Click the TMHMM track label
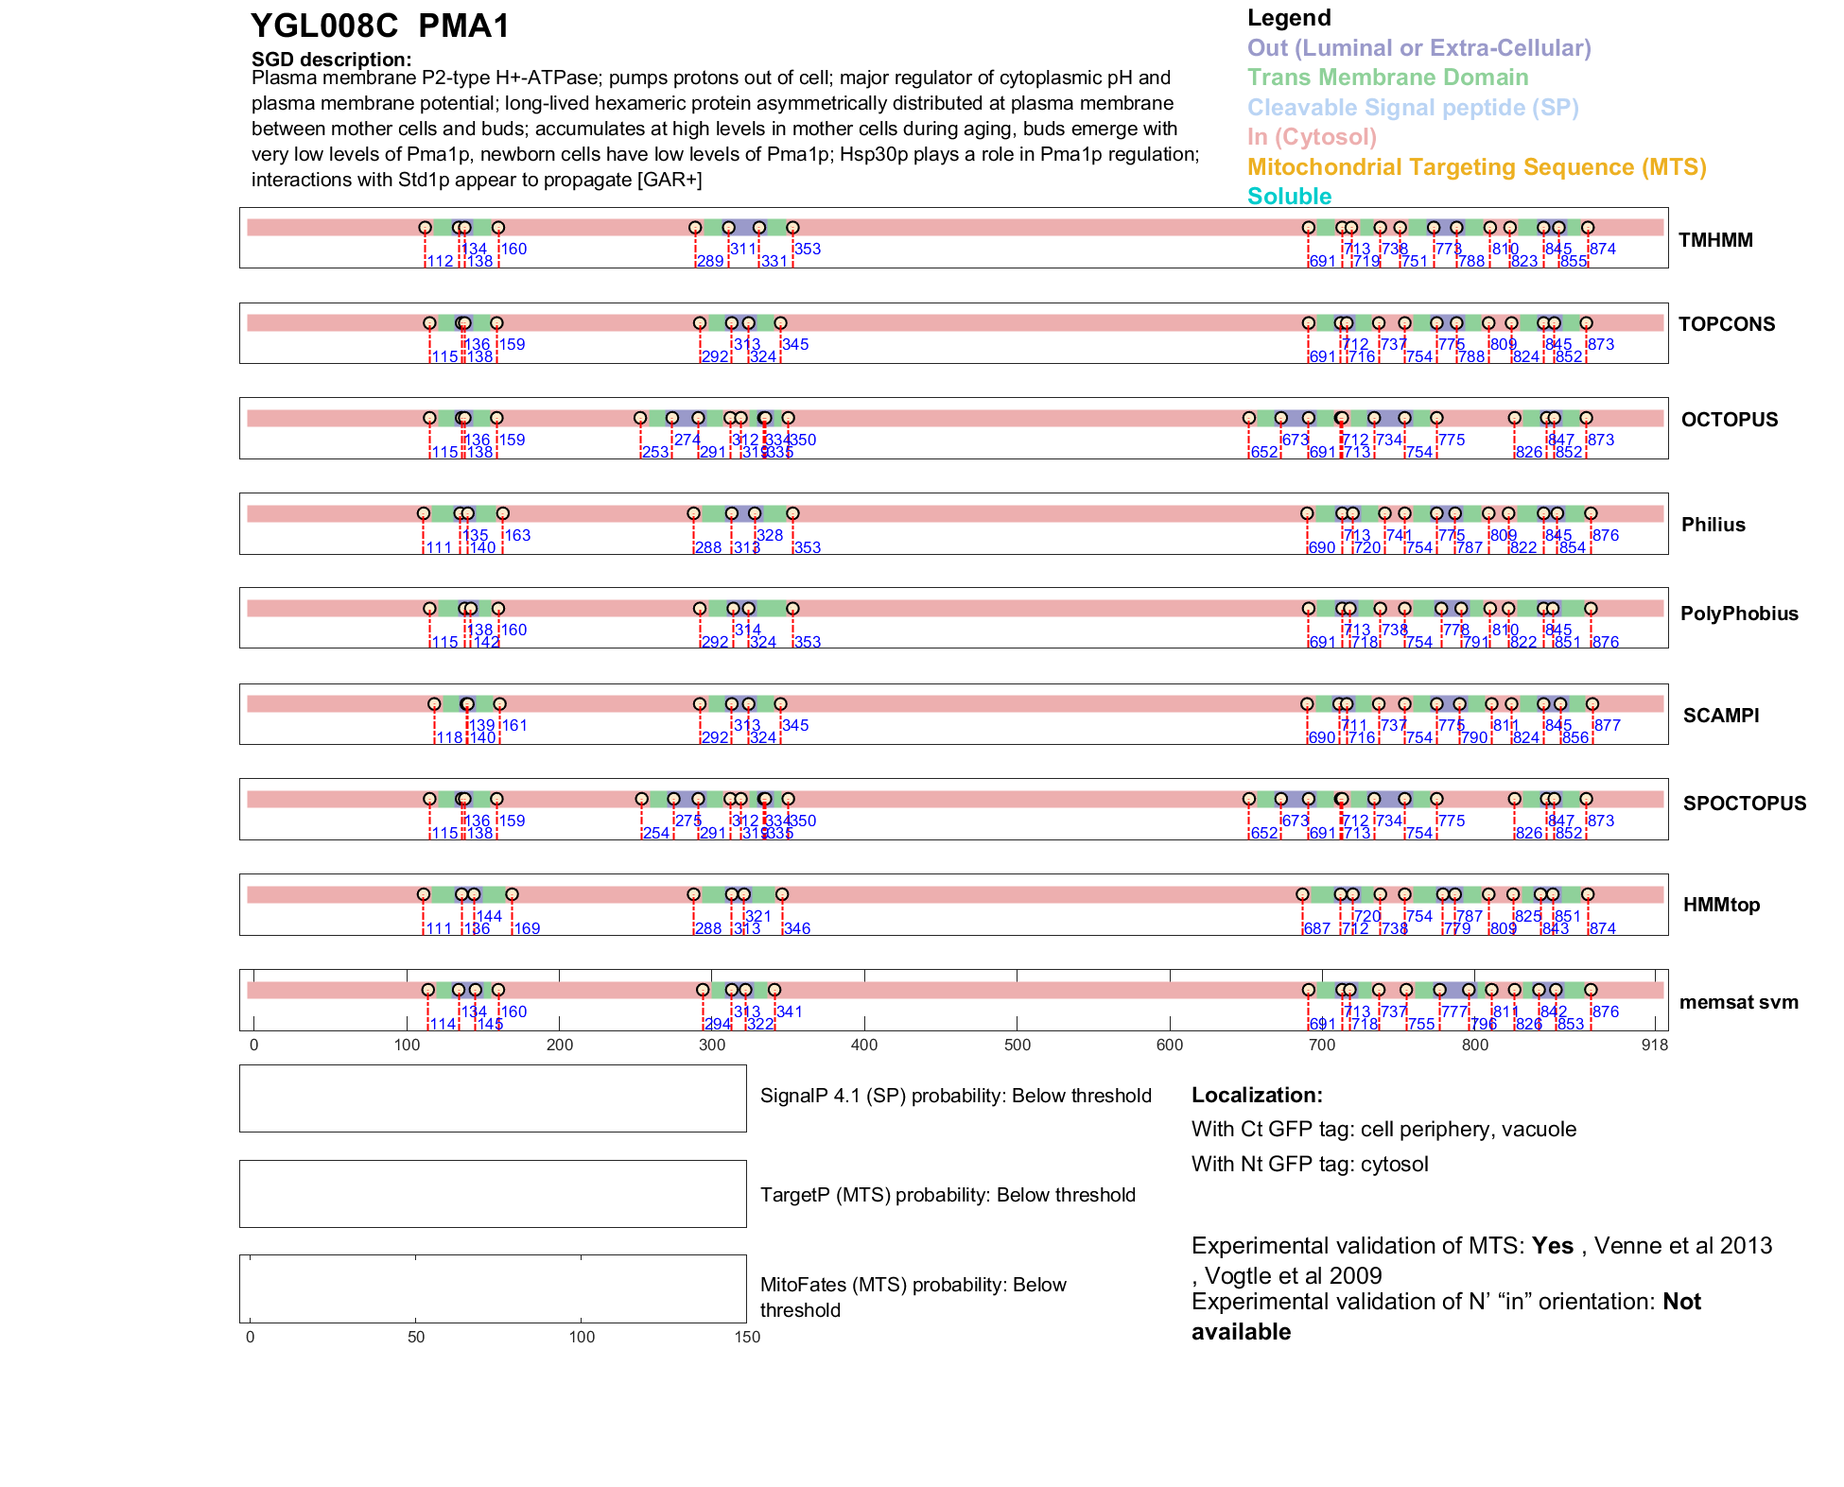(1714, 240)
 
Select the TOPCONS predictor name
(1726, 324)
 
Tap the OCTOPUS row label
(1729, 420)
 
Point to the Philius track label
(1713, 525)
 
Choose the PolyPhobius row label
(1738, 614)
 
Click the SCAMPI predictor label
(1720, 716)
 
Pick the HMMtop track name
(1721, 905)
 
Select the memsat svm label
(1738, 1002)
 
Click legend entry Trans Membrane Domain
(1387, 78)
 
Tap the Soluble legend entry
(1289, 197)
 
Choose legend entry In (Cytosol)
(1312, 137)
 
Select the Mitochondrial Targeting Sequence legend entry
(1476, 167)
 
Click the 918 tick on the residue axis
(1654, 1045)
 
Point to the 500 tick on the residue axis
(1018, 1045)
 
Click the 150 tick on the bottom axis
(747, 1337)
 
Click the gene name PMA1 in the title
(463, 26)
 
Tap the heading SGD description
(331, 60)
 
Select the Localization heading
(1257, 1096)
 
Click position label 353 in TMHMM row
(808, 249)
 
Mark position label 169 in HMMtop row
(527, 928)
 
